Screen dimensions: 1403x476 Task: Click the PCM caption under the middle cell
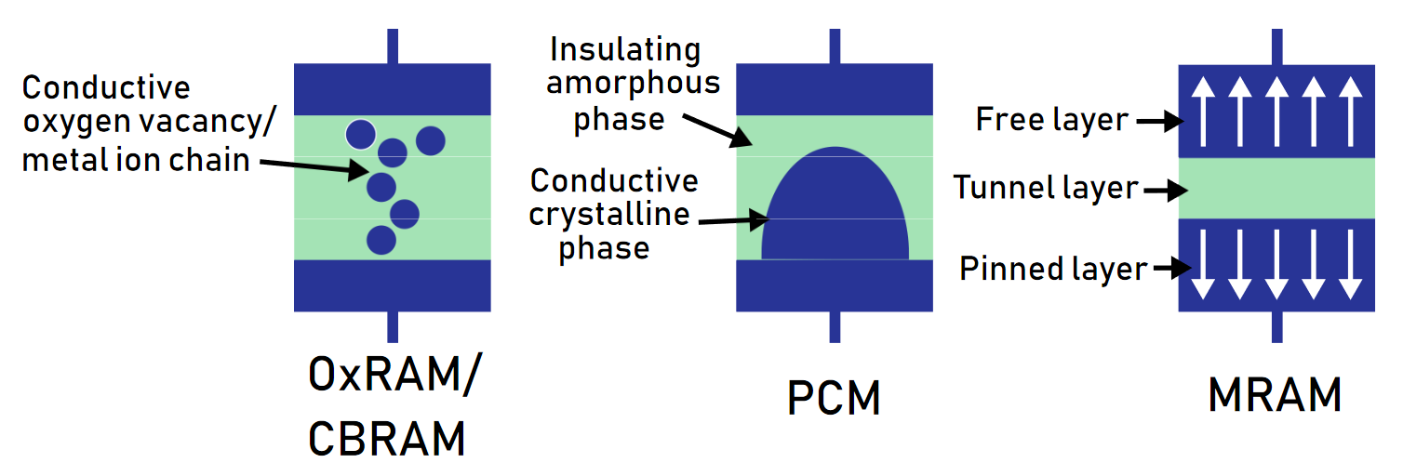click(x=834, y=398)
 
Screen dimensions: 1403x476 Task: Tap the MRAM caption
click(x=1275, y=395)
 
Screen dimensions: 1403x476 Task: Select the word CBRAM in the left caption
click(x=386, y=439)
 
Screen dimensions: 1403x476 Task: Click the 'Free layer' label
click(x=1051, y=120)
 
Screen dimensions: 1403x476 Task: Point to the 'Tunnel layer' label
click(x=1046, y=188)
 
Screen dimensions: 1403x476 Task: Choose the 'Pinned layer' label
click(x=1053, y=269)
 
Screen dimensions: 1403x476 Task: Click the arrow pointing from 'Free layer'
click(x=1160, y=121)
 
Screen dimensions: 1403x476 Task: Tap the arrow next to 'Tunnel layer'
click(x=1166, y=191)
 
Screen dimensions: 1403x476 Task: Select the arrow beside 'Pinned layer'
click(x=1172, y=268)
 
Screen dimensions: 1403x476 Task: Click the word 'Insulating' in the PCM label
click(x=625, y=50)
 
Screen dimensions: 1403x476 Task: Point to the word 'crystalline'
click(x=609, y=215)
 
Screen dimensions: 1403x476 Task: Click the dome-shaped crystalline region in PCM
click(x=835, y=206)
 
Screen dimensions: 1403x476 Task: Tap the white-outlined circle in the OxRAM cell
click(x=361, y=135)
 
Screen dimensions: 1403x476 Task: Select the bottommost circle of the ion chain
click(x=381, y=240)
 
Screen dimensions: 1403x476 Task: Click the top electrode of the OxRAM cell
click(x=392, y=89)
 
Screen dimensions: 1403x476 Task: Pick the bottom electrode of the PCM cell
click(x=835, y=285)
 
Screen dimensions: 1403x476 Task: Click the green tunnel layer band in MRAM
click(x=1276, y=189)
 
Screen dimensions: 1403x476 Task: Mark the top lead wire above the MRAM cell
click(x=1277, y=46)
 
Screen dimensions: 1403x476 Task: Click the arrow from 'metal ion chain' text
click(x=314, y=166)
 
